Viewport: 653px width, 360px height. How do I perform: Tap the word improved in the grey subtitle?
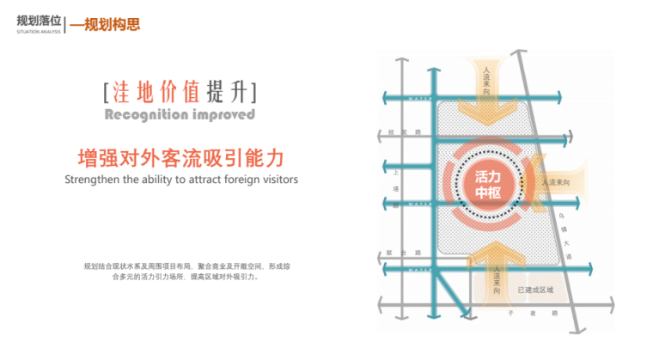click(223, 114)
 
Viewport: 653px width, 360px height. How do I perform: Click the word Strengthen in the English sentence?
click(93, 180)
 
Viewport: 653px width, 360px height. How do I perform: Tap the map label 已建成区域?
click(534, 292)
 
